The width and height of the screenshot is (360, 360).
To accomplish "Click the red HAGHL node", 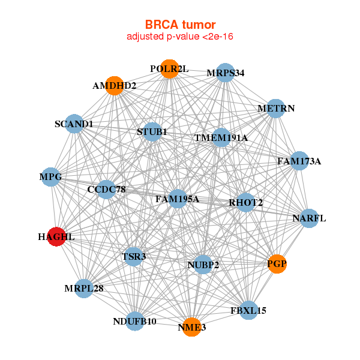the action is [56, 236].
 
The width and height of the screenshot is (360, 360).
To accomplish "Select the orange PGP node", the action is [277, 264].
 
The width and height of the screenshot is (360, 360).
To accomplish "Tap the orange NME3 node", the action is [191, 327].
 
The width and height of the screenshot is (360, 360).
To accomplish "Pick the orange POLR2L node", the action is [169, 69].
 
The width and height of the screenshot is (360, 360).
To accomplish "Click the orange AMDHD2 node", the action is [115, 85].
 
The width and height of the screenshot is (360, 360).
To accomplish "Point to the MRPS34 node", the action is [225, 73].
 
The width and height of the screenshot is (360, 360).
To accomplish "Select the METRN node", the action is [275, 109].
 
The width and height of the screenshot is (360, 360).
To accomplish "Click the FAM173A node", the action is [299, 161].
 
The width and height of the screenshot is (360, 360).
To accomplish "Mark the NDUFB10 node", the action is [135, 322].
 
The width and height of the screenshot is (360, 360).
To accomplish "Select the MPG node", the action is [51, 177].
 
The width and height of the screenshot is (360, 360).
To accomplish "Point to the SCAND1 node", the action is [74, 124].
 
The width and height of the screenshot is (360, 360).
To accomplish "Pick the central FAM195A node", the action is [177, 199].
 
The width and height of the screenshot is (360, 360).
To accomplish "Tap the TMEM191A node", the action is [221, 137].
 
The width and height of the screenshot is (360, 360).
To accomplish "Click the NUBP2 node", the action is [203, 265].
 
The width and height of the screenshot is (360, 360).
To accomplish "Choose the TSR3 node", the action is [133, 257].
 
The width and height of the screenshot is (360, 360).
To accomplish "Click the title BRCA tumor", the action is [180, 25].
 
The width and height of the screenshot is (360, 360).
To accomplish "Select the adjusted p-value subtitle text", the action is [180, 37].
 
